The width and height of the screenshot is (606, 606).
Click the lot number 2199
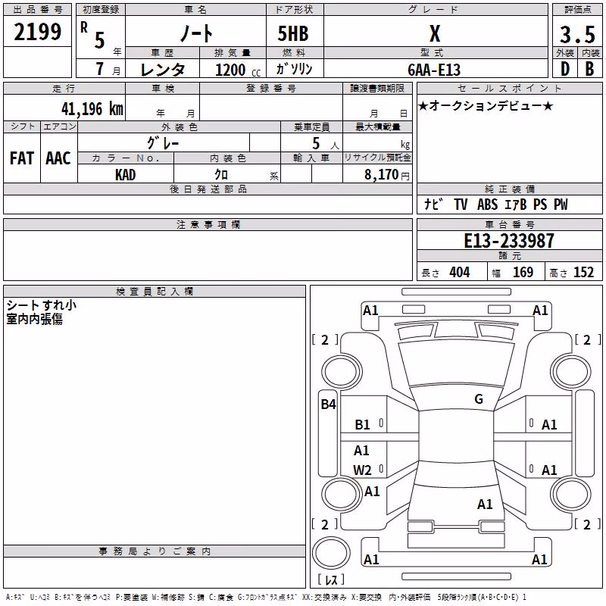click(37, 32)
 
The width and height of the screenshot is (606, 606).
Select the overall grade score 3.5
click(577, 34)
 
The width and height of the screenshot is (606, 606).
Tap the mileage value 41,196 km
click(92, 109)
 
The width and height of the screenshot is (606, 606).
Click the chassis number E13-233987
click(509, 241)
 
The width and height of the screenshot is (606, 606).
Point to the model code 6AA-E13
click(434, 70)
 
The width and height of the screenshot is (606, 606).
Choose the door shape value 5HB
click(293, 33)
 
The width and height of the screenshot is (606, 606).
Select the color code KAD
click(125, 175)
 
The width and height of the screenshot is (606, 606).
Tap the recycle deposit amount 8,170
click(381, 175)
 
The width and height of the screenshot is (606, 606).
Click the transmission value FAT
click(22, 158)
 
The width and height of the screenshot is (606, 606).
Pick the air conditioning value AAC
click(58, 158)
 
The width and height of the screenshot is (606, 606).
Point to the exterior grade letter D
click(565, 69)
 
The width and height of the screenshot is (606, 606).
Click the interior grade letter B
click(590, 69)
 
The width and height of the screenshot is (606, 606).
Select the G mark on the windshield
click(479, 399)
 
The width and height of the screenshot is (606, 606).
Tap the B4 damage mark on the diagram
click(329, 405)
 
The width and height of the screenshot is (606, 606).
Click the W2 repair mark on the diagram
click(362, 470)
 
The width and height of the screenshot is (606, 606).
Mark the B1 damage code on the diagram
click(363, 425)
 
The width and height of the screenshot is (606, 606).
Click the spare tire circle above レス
click(331, 553)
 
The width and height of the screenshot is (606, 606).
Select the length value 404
click(460, 272)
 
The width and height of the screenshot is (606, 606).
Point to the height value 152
click(583, 272)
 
